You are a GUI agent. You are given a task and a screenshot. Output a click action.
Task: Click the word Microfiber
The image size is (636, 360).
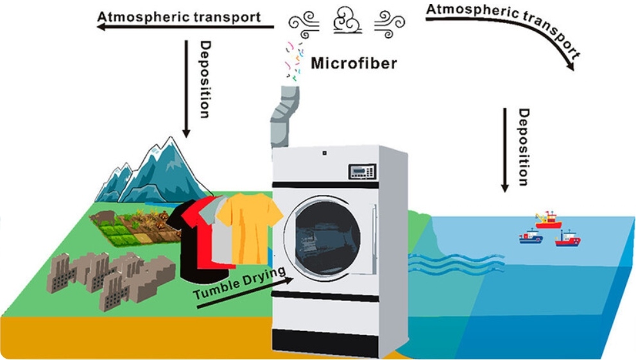(x=354, y=64)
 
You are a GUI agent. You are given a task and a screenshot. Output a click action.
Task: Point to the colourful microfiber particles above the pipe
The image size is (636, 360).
(x=295, y=61)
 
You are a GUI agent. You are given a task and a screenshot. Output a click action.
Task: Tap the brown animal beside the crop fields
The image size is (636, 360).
(x=103, y=218)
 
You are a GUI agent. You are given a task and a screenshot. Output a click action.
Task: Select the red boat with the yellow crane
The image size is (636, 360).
(x=547, y=221)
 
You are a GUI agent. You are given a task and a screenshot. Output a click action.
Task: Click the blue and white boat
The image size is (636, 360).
(x=531, y=237)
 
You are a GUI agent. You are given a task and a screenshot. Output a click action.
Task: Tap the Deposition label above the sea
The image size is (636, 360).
(x=524, y=148)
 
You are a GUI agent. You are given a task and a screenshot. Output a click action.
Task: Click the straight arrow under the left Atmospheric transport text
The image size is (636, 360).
(x=186, y=28)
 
